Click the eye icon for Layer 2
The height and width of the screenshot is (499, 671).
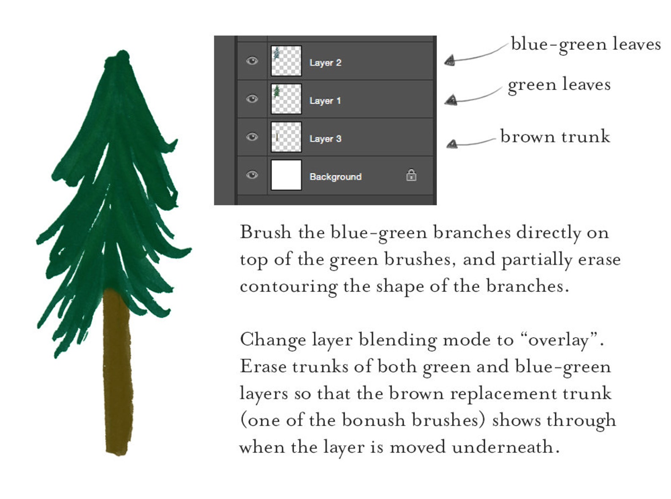coord(252,61)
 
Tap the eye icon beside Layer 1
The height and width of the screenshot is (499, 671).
coord(252,99)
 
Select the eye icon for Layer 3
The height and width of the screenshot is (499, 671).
coord(252,137)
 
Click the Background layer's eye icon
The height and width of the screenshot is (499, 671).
coord(252,175)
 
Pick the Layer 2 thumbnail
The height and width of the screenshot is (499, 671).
coord(286,61)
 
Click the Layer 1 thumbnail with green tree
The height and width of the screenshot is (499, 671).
coord(286,99)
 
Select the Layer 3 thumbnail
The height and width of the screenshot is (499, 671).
coord(286,137)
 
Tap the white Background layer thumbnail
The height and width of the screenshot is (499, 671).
coord(286,175)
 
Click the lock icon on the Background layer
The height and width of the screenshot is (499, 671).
coord(411,175)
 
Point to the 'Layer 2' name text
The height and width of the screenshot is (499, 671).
coord(325,63)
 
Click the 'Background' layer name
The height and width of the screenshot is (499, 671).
coord(335,177)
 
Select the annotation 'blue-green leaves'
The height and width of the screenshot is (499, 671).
coord(585,44)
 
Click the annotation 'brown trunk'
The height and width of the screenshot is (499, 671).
coord(555,136)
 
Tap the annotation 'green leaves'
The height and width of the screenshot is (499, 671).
coord(559,85)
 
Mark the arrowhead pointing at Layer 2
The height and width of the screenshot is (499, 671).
coord(450,61)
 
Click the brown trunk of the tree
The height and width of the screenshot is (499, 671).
coord(117,372)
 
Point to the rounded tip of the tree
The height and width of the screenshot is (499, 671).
coord(123,57)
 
